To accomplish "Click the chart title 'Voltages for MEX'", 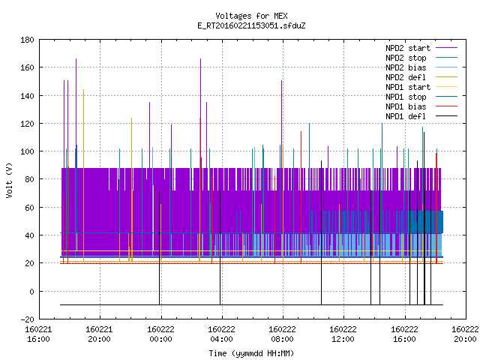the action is [251, 16].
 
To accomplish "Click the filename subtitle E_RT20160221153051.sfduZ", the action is [251, 25].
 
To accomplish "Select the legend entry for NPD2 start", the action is [408, 48].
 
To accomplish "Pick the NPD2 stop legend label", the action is [406, 58].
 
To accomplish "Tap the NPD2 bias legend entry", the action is [406, 67].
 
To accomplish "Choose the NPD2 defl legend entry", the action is [406, 77].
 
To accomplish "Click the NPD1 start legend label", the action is [408, 87].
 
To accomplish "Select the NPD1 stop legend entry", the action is [406, 97].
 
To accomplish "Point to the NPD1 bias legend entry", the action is [406, 106].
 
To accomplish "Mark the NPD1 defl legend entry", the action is [406, 117].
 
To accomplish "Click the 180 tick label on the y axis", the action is [27, 40].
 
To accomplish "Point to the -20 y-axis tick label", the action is [27, 319].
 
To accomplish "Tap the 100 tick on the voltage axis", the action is [27, 151].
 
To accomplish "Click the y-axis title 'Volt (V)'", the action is [10, 180].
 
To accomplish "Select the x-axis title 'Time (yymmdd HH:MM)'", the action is [251, 353].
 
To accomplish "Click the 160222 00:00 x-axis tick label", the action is [160, 334].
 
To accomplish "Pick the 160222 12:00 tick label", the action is [343, 334].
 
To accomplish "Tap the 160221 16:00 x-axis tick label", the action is [38, 334].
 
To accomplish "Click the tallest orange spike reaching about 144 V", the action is [83, 175].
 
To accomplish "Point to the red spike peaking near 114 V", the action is [301, 197].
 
